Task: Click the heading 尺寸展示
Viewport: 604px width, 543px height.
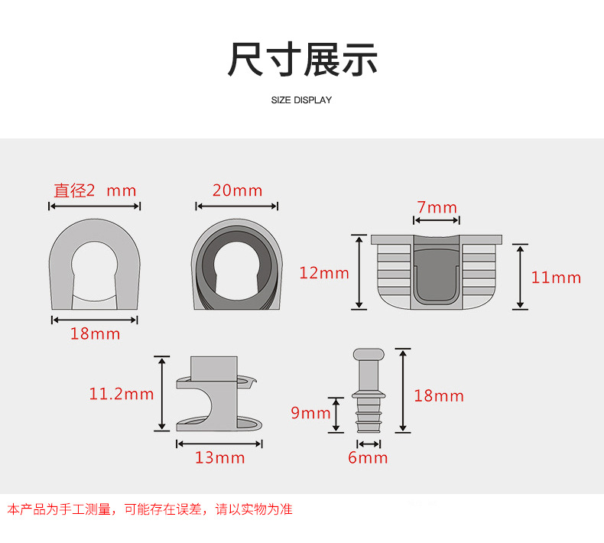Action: coord(302,60)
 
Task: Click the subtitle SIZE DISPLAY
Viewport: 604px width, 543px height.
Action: coord(302,100)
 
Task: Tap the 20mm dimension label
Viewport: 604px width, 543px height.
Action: coord(237,190)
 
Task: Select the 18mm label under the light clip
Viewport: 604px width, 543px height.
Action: coord(96,333)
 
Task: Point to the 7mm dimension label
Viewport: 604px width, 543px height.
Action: coord(437,207)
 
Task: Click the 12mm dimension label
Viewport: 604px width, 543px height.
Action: coord(324,273)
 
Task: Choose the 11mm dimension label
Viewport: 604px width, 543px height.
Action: coord(556,278)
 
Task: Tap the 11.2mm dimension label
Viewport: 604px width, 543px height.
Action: coord(122,395)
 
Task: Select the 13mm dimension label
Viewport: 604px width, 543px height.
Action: coord(220,457)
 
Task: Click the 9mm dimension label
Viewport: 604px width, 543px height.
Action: coord(310,414)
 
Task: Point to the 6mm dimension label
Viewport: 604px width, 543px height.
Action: coord(369,457)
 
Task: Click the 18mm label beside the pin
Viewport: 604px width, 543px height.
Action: coord(439,395)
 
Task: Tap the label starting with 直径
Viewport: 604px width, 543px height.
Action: coord(95,190)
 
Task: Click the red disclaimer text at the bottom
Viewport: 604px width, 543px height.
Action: coord(150,509)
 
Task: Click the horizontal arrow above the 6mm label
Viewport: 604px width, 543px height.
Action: coord(369,444)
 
